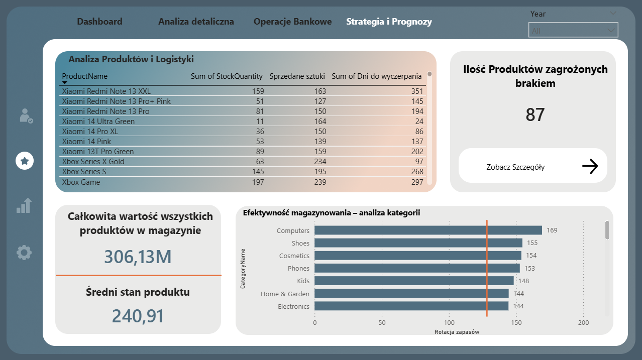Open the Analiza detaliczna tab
(196, 22)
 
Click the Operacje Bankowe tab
(292, 22)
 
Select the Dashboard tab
(99, 22)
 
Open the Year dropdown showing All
(573, 31)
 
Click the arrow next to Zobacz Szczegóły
(590, 166)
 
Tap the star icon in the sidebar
(25, 161)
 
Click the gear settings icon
(24, 252)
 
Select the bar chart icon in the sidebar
(24, 205)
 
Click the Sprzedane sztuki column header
(297, 76)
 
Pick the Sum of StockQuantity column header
(227, 76)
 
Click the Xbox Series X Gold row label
(93, 162)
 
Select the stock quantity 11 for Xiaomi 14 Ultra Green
(260, 122)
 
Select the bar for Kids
(414, 281)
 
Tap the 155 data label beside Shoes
(532, 243)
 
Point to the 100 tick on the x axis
(449, 323)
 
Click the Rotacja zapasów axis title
(457, 332)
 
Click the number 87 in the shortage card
(535, 115)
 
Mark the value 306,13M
(138, 257)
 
